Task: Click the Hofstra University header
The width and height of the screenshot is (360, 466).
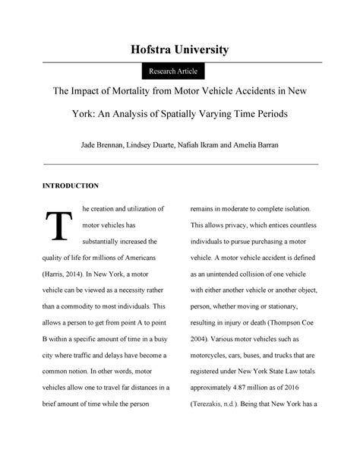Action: (180, 49)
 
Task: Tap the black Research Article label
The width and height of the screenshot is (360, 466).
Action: (180, 72)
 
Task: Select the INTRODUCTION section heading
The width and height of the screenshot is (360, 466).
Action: (71, 185)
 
